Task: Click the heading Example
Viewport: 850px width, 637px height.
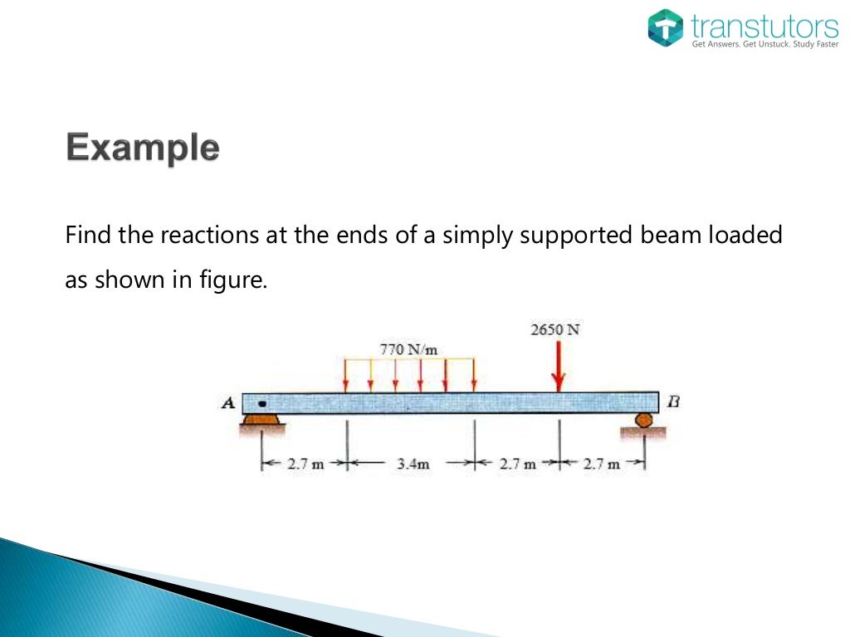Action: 143,149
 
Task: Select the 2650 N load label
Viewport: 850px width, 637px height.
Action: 554,329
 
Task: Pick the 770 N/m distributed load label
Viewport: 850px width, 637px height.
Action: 408,349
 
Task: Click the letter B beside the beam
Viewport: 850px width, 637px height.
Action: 673,402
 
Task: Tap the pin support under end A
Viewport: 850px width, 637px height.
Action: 262,423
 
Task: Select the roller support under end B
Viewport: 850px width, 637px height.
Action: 644,422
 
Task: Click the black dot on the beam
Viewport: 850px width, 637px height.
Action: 262,404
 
